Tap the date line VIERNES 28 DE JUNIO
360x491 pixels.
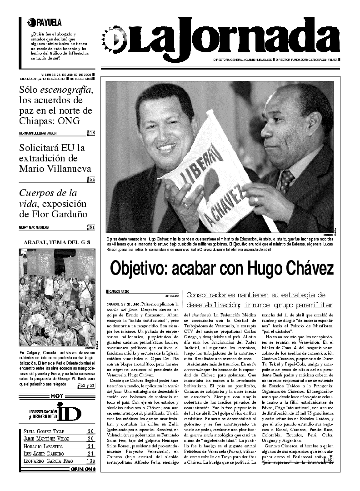tap(66, 74)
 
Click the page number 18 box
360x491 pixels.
tap(91, 133)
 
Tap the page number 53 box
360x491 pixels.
tap(91, 180)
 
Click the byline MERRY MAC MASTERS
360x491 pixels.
tap(37, 227)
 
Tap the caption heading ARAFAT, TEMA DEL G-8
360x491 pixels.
tap(56, 242)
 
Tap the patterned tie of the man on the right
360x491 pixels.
tap(287, 180)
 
